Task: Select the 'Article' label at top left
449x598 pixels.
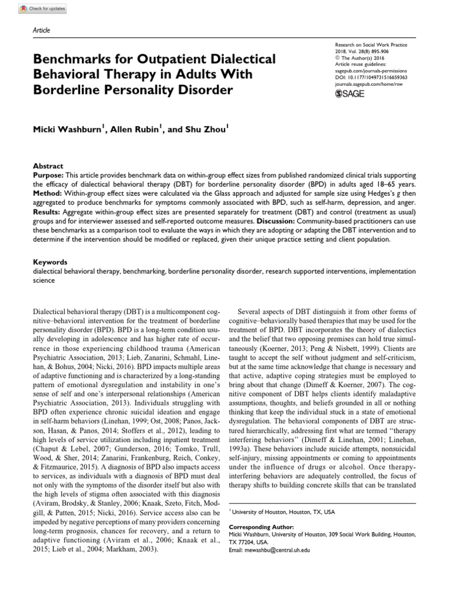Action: (x=40, y=30)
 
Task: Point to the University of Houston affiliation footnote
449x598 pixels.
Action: (x=281, y=512)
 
